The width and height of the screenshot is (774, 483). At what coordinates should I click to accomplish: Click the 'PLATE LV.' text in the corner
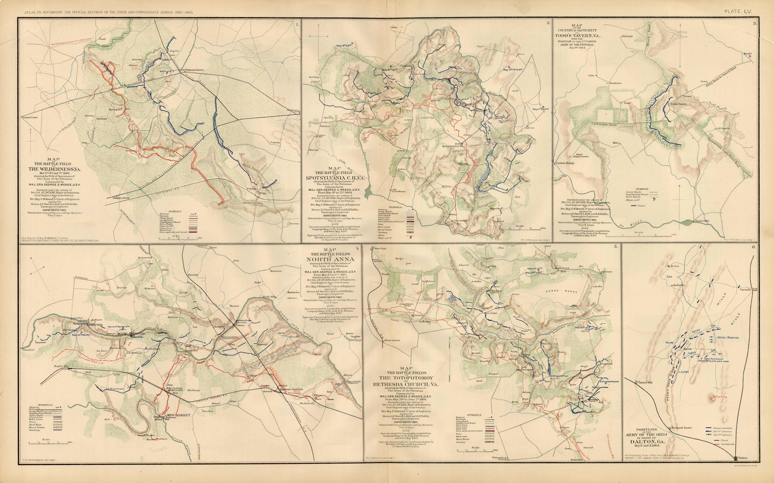[738, 12]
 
